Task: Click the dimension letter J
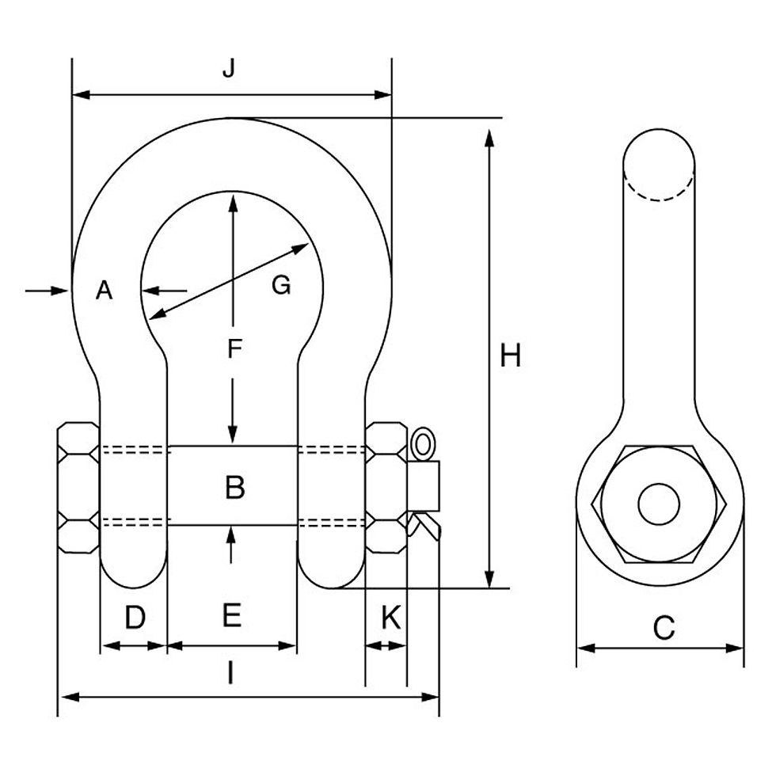[229, 69]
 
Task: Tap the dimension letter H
[510, 356]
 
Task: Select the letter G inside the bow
[281, 286]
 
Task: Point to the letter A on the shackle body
[104, 290]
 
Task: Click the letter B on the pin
[235, 487]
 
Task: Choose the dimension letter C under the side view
[664, 627]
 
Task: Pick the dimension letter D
[135, 618]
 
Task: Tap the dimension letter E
[231, 615]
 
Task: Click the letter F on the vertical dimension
[234, 348]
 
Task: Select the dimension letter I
[230, 674]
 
